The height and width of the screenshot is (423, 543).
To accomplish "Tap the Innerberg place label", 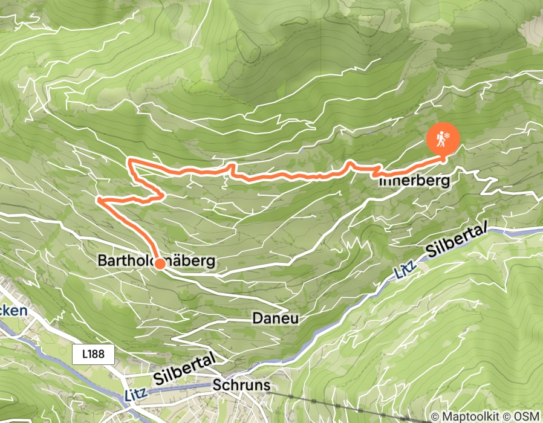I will (415, 181).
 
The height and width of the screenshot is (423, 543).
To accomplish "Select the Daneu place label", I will (276, 318).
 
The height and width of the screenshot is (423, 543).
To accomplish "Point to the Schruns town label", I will (241, 386).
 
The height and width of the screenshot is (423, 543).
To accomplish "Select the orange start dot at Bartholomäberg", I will (160, 263).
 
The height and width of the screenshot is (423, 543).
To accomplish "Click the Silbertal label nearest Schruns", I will (184, 369).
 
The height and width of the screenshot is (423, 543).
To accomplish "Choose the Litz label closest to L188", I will (137, 395).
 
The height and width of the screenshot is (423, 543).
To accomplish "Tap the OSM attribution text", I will (524, 416).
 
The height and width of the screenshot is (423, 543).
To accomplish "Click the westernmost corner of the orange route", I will (98, 198).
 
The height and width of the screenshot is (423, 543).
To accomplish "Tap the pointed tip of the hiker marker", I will (443, 160).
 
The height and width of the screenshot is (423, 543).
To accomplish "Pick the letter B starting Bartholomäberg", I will (102, 261).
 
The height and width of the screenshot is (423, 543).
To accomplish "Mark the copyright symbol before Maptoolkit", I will (435, 416).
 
